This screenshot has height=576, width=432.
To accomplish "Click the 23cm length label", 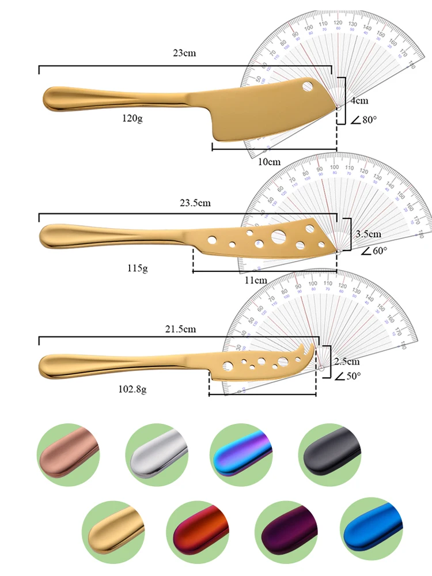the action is pos(185,54).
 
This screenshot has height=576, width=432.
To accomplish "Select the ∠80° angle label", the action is pos(364,120).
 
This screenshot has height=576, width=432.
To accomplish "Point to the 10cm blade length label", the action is pos(269,162).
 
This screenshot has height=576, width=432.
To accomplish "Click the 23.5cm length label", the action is pos(195,203).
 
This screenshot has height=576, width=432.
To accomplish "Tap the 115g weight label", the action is pos(138,268).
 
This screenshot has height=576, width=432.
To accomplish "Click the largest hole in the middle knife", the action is pos(278,235).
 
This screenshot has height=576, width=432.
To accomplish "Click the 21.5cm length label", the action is pos(180,329).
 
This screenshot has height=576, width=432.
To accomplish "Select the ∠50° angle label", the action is pos(348,376).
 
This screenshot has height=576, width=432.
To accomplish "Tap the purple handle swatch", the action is pos(286,528).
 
